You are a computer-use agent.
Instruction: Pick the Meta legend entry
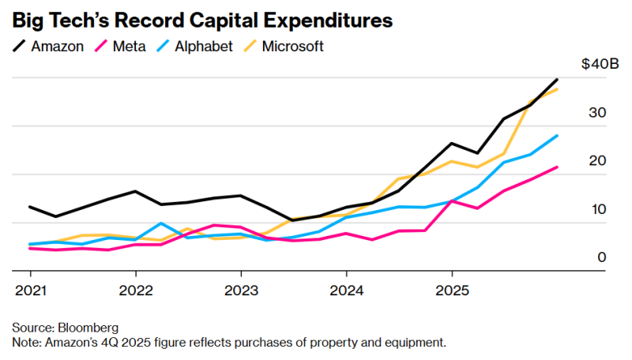pos(126,47)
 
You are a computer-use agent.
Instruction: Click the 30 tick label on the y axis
pos(598,113)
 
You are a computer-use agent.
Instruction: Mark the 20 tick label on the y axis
pos(598,161)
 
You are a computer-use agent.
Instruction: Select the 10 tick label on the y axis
pos(598,210)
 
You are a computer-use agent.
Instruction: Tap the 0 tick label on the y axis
pos(602,258)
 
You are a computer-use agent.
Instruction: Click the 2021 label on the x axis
pos(30,289)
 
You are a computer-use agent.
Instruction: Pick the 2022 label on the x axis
pos(135,289)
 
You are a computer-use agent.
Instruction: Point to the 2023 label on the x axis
pos(240,289)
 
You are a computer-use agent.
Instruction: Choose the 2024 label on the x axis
pos(346,289)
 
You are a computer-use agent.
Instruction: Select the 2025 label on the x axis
pos(451,289)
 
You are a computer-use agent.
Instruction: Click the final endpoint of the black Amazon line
pos(558,79)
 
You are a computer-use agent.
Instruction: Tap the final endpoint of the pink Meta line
pos(558,167)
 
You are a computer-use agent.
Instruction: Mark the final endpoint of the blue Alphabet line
pos(558,135)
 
